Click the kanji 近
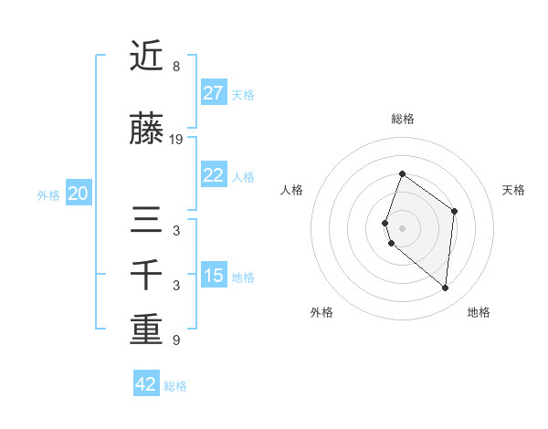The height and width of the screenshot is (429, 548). tap(146, 58)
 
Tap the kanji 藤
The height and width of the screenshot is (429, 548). tap(146, 131)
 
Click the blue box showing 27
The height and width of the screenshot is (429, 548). tap(213, 93)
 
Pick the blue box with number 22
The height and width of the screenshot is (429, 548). tap(213, 175)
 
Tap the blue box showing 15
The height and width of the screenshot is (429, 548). tap(213, 276)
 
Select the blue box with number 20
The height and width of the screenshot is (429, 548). tap(79, 194)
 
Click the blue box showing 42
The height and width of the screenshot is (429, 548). tap(146, 384)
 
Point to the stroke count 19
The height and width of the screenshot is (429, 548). tap(176, 140)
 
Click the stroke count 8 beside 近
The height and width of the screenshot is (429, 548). tap(175, 67)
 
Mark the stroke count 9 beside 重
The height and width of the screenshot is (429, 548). tap(175, 340)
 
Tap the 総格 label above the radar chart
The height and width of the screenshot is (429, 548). tap(403, 119)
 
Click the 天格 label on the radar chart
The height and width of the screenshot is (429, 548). tap(514, 190)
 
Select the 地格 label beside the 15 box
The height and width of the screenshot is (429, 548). tap(243, 277)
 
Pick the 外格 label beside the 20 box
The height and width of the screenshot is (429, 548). tap(48, 194)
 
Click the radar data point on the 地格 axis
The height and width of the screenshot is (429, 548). tap(446, 288)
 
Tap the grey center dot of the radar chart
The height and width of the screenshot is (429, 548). tap(402, 227)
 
